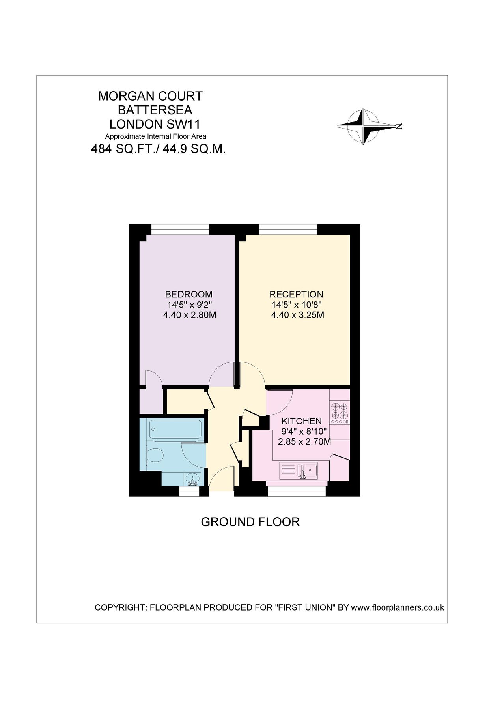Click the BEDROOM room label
(188, 294)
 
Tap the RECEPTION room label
(296, 294)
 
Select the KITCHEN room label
(301, 421)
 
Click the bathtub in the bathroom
(176, 429)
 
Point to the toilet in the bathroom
(155, 456)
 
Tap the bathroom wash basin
(192, 479)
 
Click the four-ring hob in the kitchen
(340, 411)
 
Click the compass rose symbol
(363, 126)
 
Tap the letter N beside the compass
(399, 126)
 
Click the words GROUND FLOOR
(250, 522)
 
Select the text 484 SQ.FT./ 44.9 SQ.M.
(158, 149)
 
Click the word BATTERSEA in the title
(155, 110)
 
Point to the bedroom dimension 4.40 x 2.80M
(190, 315)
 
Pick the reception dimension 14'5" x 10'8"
(297, 305)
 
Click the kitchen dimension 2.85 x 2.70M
(304, 442)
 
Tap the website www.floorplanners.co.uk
(397, 607)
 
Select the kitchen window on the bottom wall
(297, 491)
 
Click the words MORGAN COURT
(150, 96)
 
